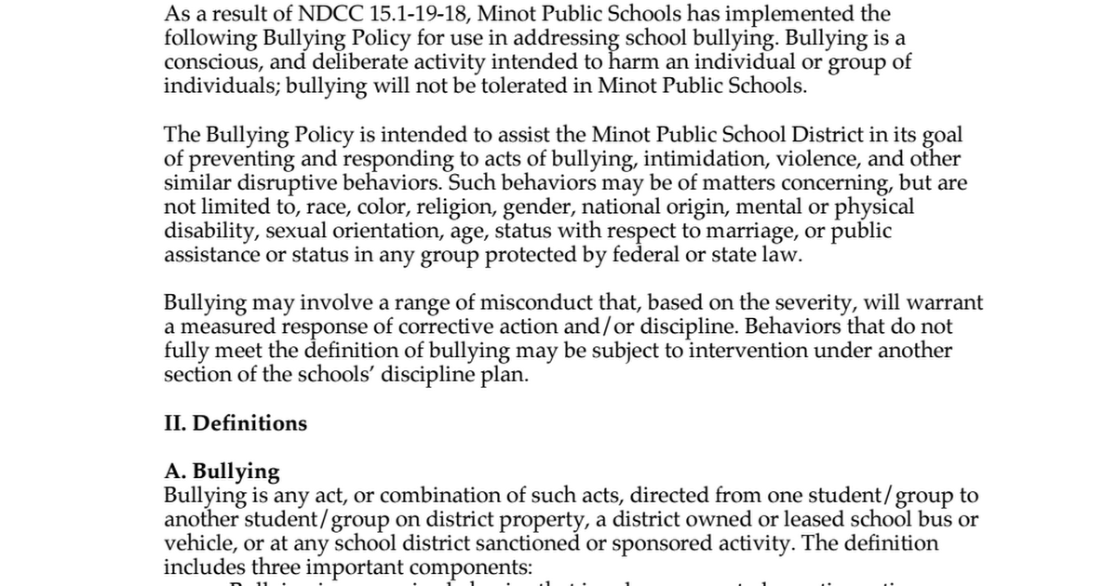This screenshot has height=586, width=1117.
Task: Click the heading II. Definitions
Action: point(236,424)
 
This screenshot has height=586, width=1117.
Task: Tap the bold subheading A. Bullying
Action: point(222,472)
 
